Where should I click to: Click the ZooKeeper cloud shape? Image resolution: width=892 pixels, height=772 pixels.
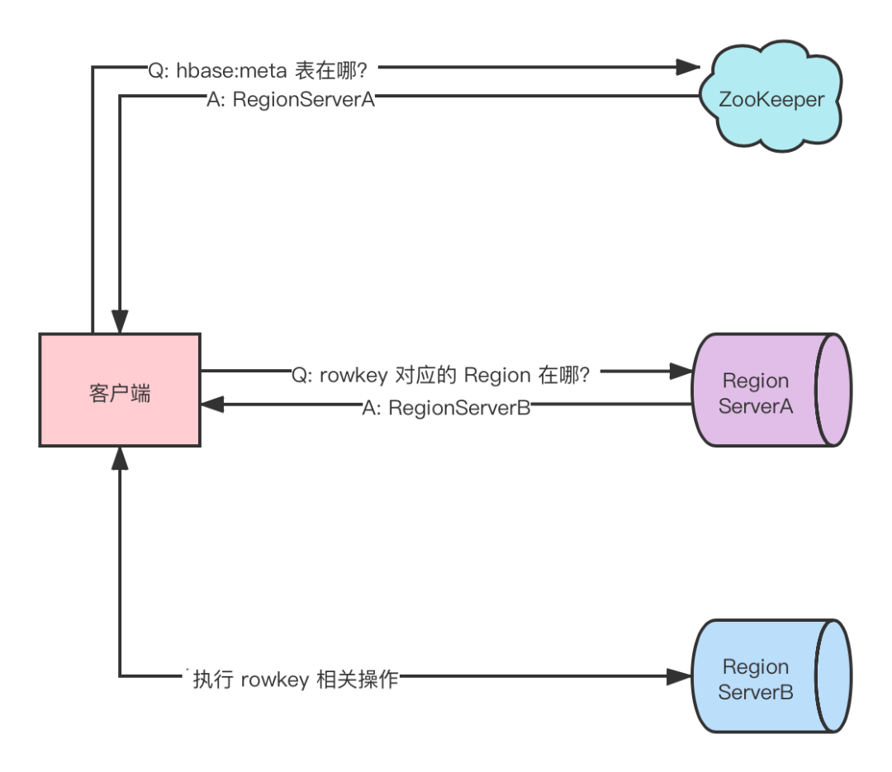(x=771, y=97)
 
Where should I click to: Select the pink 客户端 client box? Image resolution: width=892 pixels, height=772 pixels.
(x=120, y=390)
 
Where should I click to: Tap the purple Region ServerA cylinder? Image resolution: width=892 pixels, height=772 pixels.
(x=771, y=390)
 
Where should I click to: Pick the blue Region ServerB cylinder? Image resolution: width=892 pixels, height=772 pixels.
(x=771, y=676)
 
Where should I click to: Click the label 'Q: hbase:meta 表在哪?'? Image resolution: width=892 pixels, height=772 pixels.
(x=258, y=70)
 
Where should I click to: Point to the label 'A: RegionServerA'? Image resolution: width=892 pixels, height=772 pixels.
(x=291, y=100)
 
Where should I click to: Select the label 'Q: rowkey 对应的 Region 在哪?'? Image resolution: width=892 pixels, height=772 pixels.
(x=440, y=376)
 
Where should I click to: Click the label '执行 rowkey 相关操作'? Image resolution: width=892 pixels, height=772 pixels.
(x=295, y=680)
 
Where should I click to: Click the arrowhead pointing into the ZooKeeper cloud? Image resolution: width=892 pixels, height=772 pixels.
(x=688, y=67)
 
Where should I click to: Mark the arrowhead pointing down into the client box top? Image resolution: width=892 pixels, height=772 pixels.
(x=120, y=321)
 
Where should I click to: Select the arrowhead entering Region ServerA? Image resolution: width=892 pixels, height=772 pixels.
(x=681, y=372)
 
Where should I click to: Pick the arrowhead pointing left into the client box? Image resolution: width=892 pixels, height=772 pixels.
(x=212, y=405)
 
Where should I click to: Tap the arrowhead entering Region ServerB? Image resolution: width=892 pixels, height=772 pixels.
(x=679, y=676)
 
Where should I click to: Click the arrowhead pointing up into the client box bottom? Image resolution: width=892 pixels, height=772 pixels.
(x=120, y=458)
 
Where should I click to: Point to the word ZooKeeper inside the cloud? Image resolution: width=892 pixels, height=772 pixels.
(x=771, y=100)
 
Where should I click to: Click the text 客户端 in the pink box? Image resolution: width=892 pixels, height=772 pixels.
(x=120, y=393)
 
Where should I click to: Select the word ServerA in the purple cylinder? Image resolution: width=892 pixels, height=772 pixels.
(x=756, y=406)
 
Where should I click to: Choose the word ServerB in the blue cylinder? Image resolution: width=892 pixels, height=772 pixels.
(x=756, y=693)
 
